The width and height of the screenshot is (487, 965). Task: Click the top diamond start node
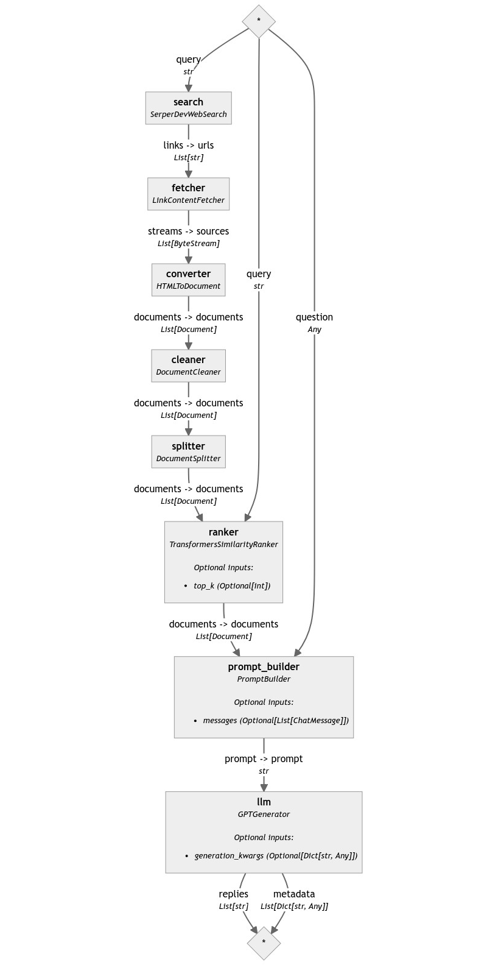(x=259, y=21)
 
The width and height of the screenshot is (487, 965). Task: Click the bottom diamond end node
(x=264, y=942)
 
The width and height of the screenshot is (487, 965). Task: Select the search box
(x=188, y=108)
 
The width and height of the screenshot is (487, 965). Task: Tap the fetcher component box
(x=188, y=194)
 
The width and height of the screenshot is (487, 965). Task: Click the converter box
(x=188, y=280)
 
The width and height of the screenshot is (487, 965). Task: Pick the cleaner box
(x=188, y=366)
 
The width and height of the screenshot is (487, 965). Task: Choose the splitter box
(x=188, y=451)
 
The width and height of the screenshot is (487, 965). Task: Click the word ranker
(x=223, y=532)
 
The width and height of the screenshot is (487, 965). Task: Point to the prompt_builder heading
(x=264, y=666)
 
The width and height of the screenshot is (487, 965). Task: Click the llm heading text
(x=264, y=802)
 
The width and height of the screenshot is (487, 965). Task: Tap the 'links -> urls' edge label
(x=188, y=145)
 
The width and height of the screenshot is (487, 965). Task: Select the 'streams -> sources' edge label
(x=188, y=231)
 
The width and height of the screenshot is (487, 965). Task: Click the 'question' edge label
(x=314, y=317)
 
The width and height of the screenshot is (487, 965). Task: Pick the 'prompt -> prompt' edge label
(x=264, y=758)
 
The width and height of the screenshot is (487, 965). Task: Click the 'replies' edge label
(x=234, y=894)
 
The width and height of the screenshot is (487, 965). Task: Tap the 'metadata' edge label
(x=294, y=894)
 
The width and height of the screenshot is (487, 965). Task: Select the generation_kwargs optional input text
(x=276, y=855)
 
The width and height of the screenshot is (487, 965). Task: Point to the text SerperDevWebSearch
(x=188, y=114)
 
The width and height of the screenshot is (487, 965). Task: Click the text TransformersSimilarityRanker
(x=223, y=544)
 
